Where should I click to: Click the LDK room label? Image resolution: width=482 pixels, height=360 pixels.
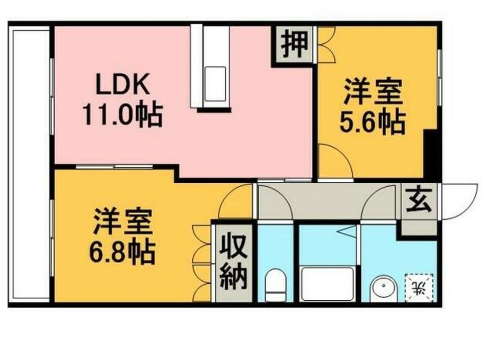(123, 84)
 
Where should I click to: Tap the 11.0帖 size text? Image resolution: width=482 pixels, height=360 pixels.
(123, 115)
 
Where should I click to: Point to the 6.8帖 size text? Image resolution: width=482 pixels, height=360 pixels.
(122, 252)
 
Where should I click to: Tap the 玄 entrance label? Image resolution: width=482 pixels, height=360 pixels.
(419, 200)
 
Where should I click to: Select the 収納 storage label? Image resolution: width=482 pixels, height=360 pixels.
(234, 261)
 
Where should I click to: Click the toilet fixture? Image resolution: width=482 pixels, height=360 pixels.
(276, 285)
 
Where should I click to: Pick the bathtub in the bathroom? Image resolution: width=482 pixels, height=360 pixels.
(327, 284)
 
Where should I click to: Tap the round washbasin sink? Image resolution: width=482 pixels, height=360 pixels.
(384, 288)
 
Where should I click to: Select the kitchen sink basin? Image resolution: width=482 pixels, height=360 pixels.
(215, 84)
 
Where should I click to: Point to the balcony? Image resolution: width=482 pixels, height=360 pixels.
(30, 163)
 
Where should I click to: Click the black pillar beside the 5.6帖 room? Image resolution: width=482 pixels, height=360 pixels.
(430, 153)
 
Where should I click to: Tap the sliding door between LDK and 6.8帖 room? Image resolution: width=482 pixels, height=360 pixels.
(114, 167)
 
